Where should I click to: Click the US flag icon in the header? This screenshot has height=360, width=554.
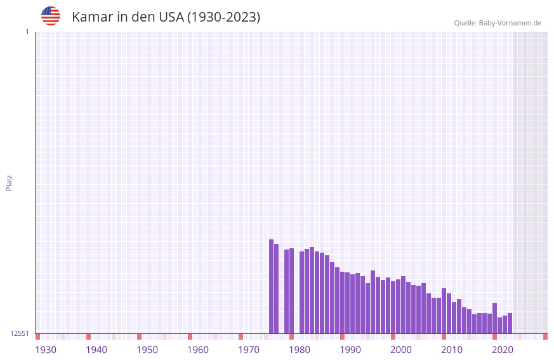click(51, 16)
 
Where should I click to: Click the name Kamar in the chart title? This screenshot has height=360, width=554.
click(93, 17)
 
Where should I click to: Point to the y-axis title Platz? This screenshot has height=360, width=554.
click(9, 182)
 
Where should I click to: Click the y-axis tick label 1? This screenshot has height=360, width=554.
click(27, 32)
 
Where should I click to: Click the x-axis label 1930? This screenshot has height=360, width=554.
click(46, 350)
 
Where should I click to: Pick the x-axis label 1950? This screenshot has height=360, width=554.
click(147, 350)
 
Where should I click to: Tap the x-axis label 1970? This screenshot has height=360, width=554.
click(249, 350)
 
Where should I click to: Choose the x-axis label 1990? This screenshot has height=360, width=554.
click(350, 350)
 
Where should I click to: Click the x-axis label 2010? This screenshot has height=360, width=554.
click(452, 350)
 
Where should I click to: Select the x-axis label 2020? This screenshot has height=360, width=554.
click(503, 350)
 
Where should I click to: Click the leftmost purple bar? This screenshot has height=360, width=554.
click(271, 286)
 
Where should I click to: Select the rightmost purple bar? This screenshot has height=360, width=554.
click(510, 323)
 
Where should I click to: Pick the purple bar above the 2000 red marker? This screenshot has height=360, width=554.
click(393, 307)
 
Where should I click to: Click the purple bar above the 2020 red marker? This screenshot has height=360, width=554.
click(494, 318)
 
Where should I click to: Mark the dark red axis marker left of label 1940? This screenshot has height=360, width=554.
click(88, 337)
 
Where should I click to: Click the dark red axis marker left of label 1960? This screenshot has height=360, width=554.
click(190, 337)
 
